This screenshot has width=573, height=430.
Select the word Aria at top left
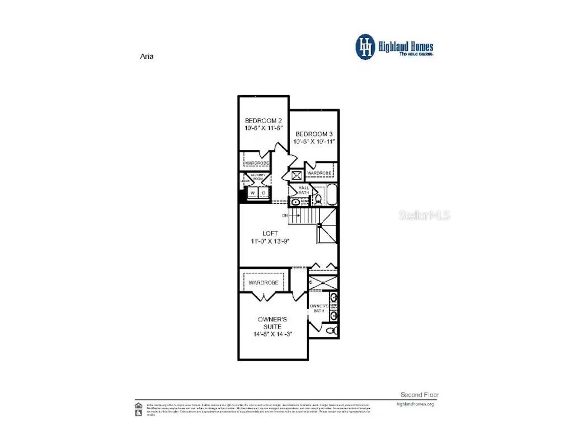click(x=146, y=56)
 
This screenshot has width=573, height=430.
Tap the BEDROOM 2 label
click(x=264, y=120)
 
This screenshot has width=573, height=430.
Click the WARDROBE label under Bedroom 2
click(x=256, y=163)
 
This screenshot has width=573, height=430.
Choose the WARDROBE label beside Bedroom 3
click(x=320, y=173)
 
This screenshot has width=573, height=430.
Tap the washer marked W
click(x=252, y=193)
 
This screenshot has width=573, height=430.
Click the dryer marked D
click(x=264, y=193)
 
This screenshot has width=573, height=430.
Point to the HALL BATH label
click(x=304, y=190)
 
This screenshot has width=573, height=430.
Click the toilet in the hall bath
click(x=316, y=198)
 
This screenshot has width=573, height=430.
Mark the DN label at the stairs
click(x=285, y=214)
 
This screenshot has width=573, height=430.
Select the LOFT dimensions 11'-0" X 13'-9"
click(x=270, y=241)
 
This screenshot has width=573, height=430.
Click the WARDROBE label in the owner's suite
click(x=264, y=283)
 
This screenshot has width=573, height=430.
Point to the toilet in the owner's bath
click(x=332, y=331)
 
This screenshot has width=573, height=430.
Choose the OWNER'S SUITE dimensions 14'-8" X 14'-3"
click(x=272, y=334)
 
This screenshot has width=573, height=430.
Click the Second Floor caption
click(x=420, y=395)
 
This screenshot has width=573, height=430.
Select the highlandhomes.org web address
click(x=415, y=404)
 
